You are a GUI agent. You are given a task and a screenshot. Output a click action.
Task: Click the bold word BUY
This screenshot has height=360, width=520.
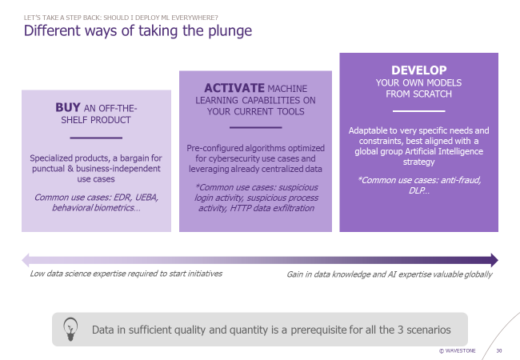(68, 107)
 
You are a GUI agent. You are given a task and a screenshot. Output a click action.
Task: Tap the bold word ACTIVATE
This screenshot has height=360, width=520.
(234, 88)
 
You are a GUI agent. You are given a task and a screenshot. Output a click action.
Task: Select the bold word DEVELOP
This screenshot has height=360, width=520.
(419, 70)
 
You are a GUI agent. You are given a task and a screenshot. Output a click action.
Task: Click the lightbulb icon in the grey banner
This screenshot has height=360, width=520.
(70, 329)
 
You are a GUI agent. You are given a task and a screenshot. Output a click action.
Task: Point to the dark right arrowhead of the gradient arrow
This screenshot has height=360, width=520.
(494, 260)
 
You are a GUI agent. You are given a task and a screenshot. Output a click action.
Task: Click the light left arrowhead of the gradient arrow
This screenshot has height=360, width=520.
(26, 260)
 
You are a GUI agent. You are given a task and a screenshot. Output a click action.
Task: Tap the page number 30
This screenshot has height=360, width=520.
(498, 350)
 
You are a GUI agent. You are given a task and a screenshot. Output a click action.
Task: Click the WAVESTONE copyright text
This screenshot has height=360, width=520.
(458, 350)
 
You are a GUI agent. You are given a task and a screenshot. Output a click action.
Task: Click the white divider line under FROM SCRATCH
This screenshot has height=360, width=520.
(419, 111)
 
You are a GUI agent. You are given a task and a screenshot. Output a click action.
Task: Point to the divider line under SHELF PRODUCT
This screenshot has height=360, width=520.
(96, 138)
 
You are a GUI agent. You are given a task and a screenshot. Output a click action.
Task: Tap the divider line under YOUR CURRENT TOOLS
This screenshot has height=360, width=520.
(256, 127)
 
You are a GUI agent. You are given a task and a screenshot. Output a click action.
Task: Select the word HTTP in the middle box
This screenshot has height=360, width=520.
(241, 208)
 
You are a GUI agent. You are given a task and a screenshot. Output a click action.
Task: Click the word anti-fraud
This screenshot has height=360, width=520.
(459, 180)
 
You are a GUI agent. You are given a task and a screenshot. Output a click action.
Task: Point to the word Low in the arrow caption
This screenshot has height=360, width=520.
(37, 274)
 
